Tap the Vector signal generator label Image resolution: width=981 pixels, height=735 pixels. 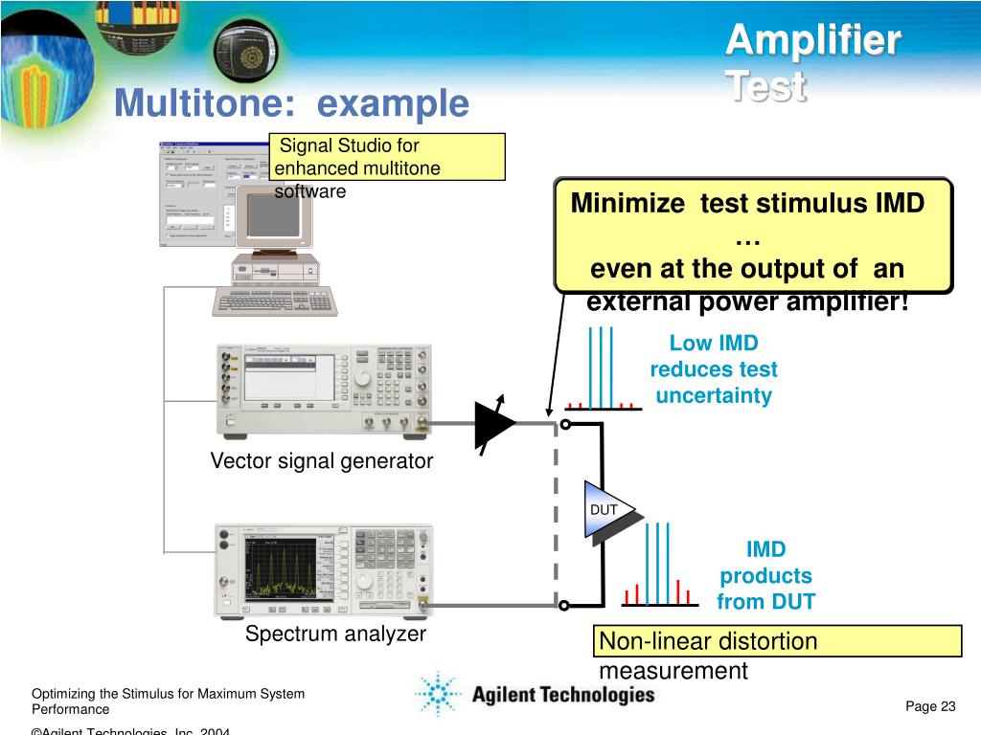[x=322, y=461]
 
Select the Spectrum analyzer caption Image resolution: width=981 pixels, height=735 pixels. [x=335, y=634]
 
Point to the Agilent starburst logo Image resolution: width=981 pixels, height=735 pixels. [x=438, y=693]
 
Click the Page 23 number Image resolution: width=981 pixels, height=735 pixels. [x=930, y=706]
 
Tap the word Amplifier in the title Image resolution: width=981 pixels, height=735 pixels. [x=812, y=42]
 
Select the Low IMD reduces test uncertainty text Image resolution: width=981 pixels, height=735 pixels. [x=713, y=369]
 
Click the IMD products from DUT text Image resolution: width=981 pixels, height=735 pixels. [x=765, y=575]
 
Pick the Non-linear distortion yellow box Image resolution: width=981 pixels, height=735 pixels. [x=778, y=641]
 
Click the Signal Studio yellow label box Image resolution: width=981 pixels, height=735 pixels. [x=387, y=157]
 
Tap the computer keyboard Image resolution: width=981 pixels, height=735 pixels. [x=275, y=301]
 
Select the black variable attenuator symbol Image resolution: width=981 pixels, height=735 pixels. [x=494, y=424]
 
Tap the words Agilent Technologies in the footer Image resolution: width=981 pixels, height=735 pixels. [x=562, y=695]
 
